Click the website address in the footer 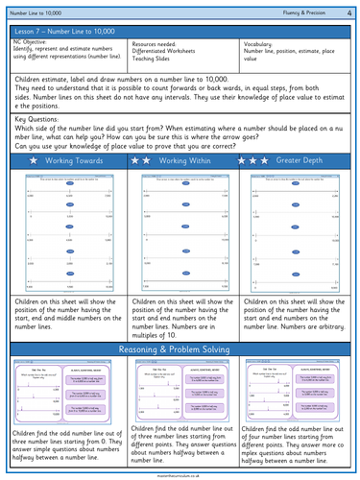(x=180, y=475)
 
